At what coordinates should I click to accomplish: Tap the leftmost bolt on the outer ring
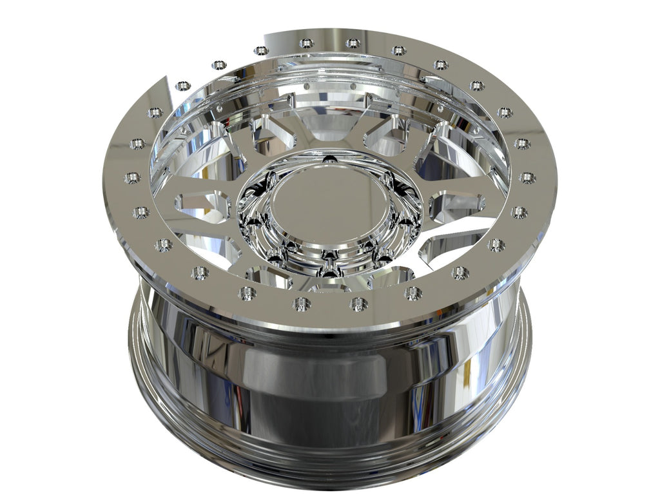[132, 177]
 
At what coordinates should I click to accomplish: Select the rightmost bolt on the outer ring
[527, 177]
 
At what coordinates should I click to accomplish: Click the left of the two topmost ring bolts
[307, 43]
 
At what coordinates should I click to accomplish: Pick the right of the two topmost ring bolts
[353, 43]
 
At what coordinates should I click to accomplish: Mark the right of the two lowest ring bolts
[358, 304]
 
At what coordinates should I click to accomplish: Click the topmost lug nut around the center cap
[329, 159]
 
